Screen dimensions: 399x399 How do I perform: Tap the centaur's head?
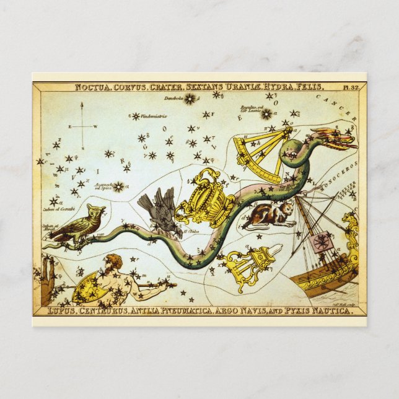[113, 261]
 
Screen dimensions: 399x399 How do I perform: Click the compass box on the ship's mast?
[322, 242]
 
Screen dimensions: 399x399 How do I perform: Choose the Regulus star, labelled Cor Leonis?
[266, 114]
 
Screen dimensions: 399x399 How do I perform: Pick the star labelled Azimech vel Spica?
[118, 186]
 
